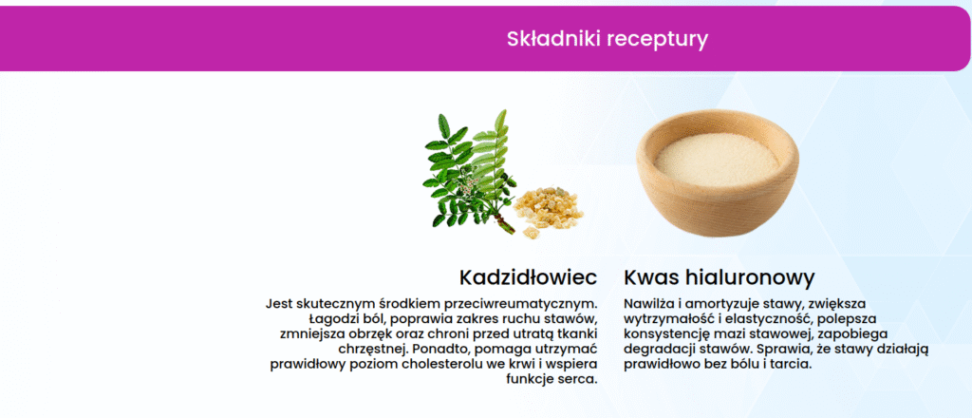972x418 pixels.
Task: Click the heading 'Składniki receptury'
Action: pos(607,39)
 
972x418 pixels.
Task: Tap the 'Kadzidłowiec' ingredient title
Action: pos(528,277)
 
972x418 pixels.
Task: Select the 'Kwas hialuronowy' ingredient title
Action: pos(720,277)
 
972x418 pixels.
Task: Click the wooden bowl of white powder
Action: pos(718,172)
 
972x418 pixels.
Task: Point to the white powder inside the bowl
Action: pos(717,160)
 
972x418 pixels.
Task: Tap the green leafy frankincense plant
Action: pos(469,171)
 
